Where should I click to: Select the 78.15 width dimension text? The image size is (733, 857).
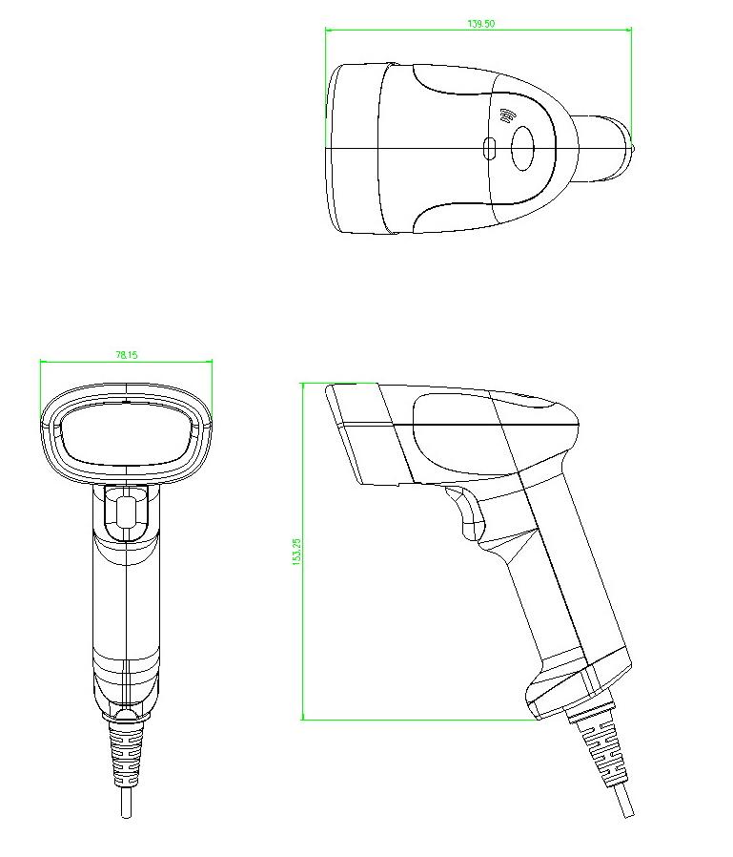tap(127, 354)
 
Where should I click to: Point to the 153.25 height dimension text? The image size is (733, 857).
tap(296, 552)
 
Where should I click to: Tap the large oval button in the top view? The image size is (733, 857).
tap(523, 148)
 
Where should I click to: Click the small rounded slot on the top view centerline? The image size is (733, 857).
tap(490, 149)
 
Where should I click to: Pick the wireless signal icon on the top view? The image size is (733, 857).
tap(506, 116)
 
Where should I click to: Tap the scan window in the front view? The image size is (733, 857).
tap(127, 433)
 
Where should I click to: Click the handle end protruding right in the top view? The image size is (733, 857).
tap(605, 148)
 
